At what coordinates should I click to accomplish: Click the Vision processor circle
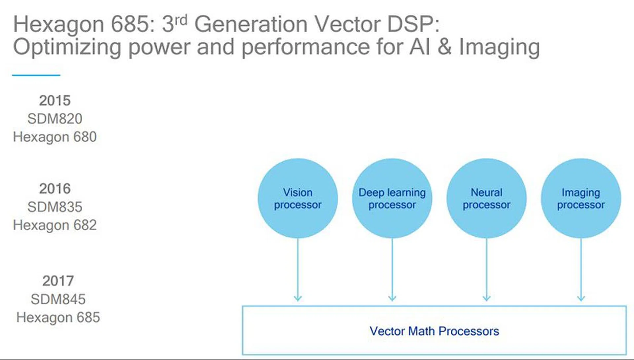(x=298, y=198)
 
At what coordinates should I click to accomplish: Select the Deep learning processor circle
(x=392, y=198)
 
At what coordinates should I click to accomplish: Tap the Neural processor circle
(x=486, y=198)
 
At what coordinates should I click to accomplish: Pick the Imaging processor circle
(x=581, y=198)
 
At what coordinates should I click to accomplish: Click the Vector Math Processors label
(x=434, y=331)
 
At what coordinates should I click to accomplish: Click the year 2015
(x=55, y=101)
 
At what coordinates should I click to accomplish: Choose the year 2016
(x=55, y=189)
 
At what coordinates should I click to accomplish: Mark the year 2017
(x=58, y=281)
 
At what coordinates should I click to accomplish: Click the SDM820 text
(x=55, y=119)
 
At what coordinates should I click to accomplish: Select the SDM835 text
(x=55, y=207)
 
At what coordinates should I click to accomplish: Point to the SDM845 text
(x=58, y=299)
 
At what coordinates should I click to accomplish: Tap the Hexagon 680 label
(x=55, y=137)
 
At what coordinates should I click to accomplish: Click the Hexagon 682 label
(x=55, y=225)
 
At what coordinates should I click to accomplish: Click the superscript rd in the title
(x=181, y=20)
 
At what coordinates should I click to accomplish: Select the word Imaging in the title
(x=499, y=47)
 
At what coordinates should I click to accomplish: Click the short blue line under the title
(x=36, y=75)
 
